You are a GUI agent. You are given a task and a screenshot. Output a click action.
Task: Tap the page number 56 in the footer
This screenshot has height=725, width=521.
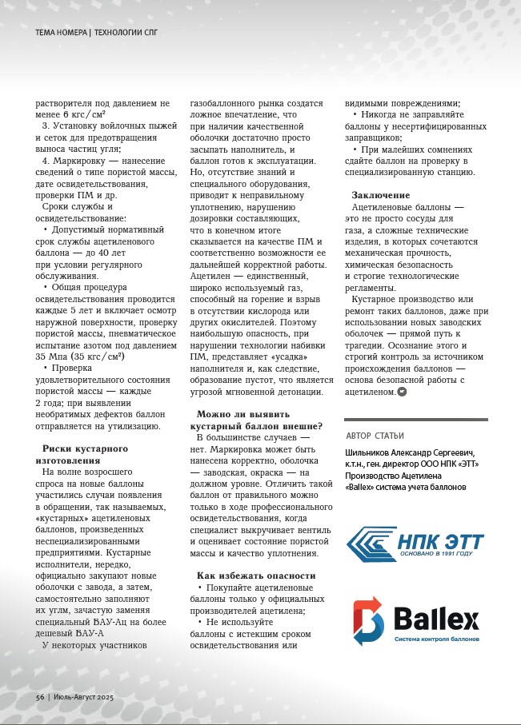click(39, 698)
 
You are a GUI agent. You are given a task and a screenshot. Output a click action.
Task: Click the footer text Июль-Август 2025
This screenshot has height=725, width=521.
click(83, 698)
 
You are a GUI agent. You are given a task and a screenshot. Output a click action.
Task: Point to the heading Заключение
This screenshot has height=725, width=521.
click(381, 195)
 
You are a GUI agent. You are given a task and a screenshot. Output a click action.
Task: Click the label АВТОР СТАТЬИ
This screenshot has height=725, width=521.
click(376, 436)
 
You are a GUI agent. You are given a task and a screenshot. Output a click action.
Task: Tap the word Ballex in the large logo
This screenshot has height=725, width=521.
click(435, 619)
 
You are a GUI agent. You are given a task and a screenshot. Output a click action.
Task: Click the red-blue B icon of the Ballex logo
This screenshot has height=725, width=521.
click(371, 621)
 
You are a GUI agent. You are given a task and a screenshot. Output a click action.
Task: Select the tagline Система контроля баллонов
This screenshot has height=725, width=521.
click(436, 639)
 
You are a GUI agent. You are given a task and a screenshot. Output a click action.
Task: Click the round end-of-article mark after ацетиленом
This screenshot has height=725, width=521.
click(402, 392)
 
